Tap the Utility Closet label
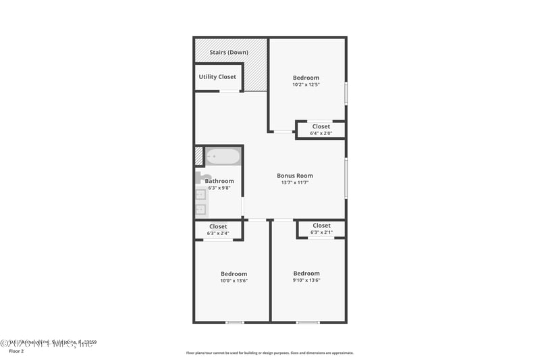[x=217, y=77]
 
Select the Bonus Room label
[x=295, y=176]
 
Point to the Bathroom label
[x=219, y=181]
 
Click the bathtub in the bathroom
[x=223, y=157]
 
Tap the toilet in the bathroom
[x=200, y=178]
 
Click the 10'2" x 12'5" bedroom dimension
[x=306, y=85]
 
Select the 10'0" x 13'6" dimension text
[x=234, y=281]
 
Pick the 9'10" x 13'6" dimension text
[x=306, y=281]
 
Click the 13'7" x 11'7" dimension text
[x=295, y=182]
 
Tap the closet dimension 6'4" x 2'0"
[x=321, y=133]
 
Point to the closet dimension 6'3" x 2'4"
[x=218, y=233]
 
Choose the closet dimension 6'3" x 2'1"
[x=321, y=232]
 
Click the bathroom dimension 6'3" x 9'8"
[x=219, y=188]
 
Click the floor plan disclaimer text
[x=270, y=353]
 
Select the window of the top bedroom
[x=346, y=93]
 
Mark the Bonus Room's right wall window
[x=346, y=178]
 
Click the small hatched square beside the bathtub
[x=198, y=156]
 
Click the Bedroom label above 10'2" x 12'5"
[x=306, y=78]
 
